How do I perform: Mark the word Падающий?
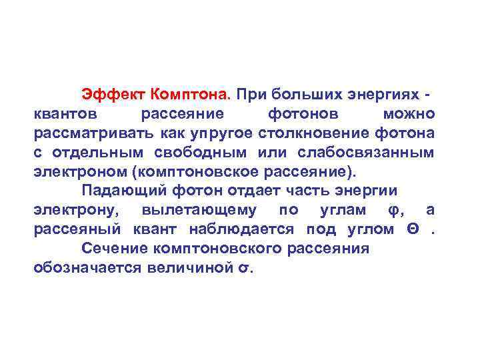tap(124, 191)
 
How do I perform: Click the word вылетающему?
tap(199, 210)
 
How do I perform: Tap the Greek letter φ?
tap(393, 210)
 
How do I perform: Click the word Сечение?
tap(114, 249)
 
